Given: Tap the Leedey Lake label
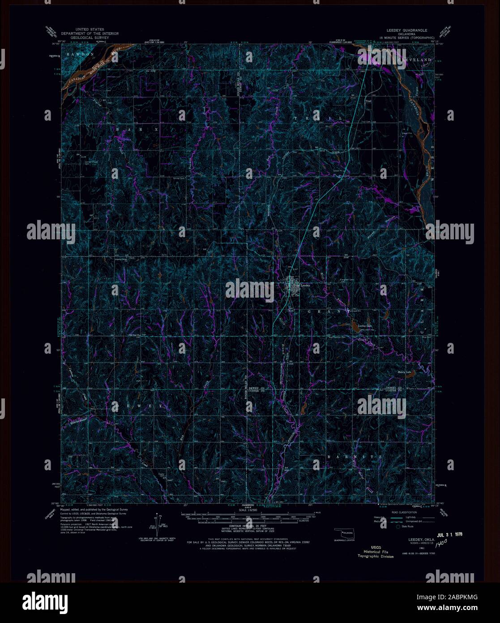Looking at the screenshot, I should click(x=365, y=325).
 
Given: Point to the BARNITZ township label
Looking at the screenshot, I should click(x=354, y=456).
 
